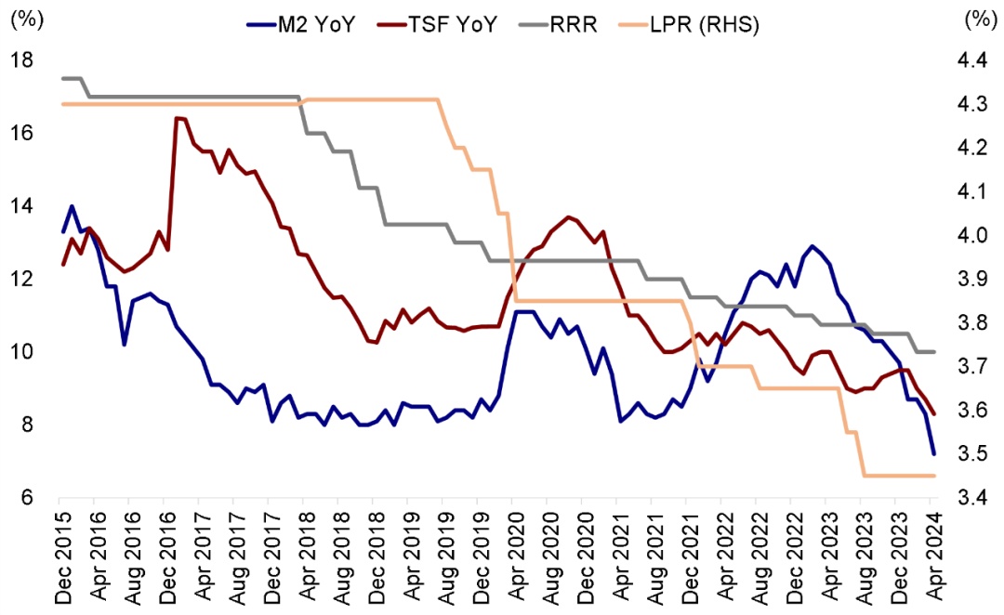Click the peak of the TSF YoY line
click(177, 118)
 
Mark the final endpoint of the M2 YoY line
click(933, 453)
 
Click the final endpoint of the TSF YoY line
click(933, 414)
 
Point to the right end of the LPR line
click(933, 476)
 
